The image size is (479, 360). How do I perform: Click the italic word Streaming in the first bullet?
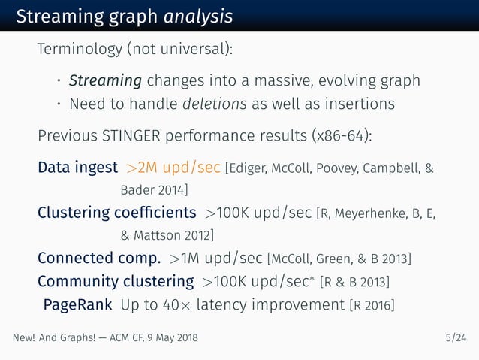point(105,80)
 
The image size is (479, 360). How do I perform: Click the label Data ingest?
point(78,167)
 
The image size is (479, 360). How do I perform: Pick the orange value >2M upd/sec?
point(173,167)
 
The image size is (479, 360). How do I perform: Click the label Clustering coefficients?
point(117,213)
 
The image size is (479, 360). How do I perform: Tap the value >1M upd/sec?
point(216,259)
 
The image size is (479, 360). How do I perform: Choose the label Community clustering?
point(116,283)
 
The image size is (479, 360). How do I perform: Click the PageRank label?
point(78,305)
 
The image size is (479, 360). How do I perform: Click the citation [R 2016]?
point(375,306)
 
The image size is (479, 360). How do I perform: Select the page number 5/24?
point(455,338)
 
